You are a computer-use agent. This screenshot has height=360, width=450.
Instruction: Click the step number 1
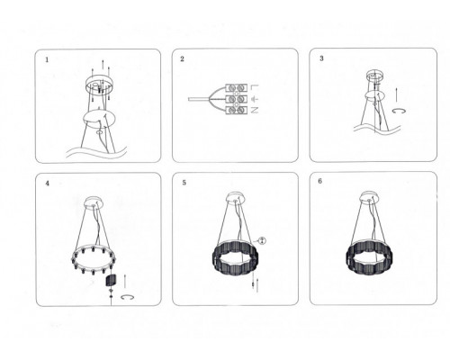[47, 59]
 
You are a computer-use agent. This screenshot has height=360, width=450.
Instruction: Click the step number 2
[182, 58]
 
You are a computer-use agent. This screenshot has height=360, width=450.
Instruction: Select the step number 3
[321, 58]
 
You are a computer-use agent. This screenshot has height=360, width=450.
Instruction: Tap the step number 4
[47, 184]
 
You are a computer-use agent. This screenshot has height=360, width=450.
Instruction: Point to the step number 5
[184, 183]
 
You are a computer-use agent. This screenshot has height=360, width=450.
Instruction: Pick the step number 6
[320, 181]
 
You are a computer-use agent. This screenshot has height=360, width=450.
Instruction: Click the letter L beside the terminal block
[254, 87]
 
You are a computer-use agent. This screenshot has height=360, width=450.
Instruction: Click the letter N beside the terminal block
[254, 110]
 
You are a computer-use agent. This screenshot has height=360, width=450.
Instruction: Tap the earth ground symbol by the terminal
[254, 99]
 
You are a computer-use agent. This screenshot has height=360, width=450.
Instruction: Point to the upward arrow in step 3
[396, 94]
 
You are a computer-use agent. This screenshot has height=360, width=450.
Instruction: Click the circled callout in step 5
[262, 240]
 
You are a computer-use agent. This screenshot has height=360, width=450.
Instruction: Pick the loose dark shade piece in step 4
[111, 280]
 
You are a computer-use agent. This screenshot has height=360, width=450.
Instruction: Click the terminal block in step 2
[236, 99]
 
